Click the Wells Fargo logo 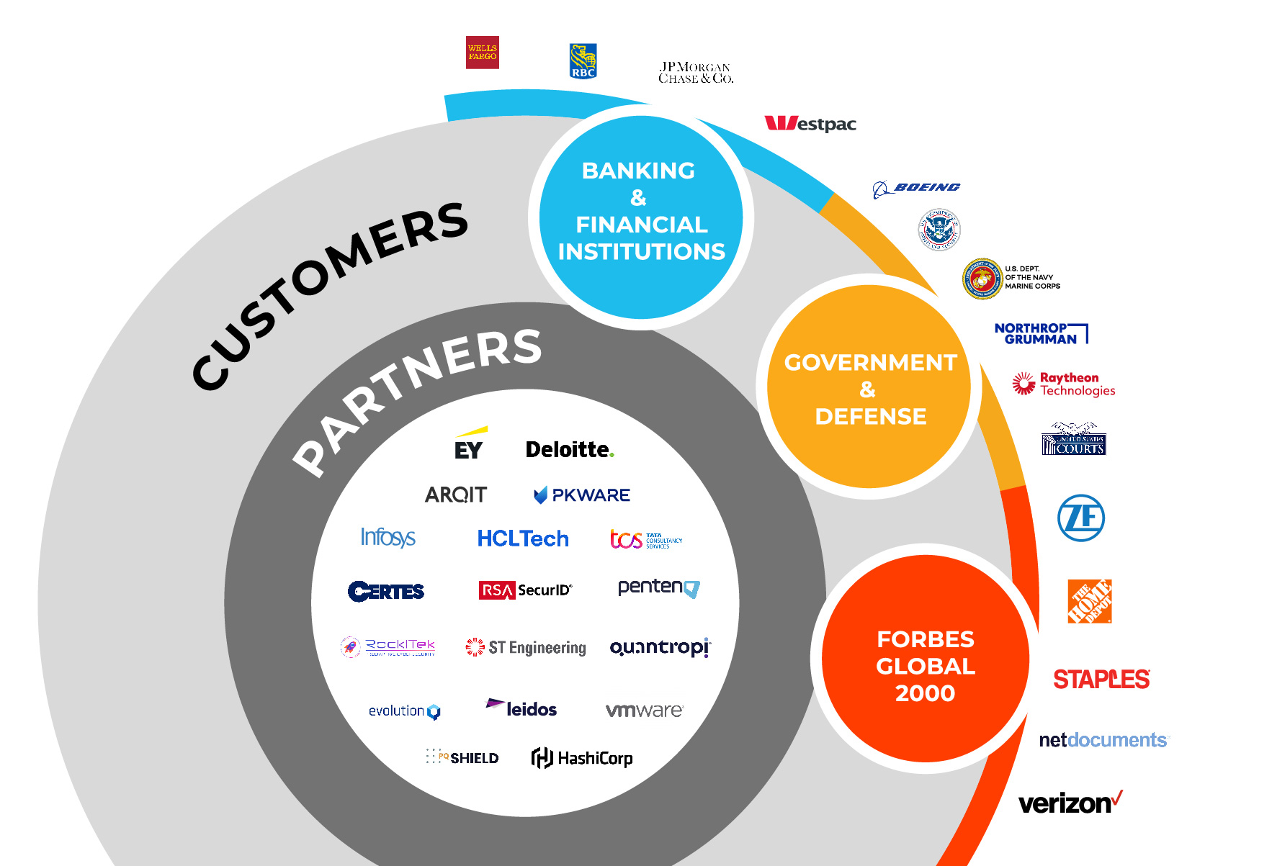[482, 53]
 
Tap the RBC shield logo [583, 60]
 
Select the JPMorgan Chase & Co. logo [695, 73]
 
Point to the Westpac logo [810, 124]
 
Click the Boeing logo [916, 189]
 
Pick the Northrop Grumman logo [1040, 333]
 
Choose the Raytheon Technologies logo [1064, 384]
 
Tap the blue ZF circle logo [1080, 518]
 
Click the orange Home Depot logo [1089, 601]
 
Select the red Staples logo [1101, 679]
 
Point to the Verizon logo [1070, 803]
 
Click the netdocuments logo [1103, 740]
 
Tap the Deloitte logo [569, 450]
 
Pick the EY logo [469, 446]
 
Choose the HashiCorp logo [582, 758]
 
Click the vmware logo [644, 711]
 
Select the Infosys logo [388, 538]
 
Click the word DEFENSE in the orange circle [870, 416]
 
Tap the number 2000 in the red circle [925, 693]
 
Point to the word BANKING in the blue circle [638, 171]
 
